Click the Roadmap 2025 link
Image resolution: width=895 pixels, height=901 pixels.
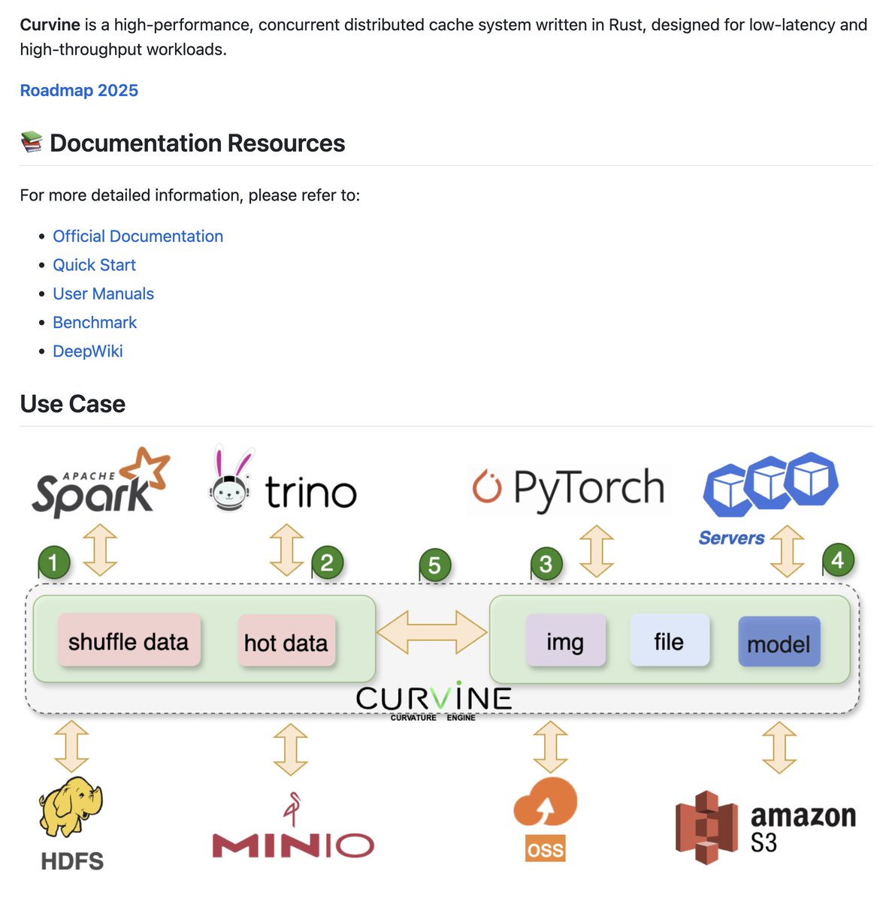click(79, 91)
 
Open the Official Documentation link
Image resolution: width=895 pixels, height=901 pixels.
click(138, 237)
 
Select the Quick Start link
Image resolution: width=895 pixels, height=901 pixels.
click(94, 265)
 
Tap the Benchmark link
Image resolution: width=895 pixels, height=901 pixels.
click(95, 323)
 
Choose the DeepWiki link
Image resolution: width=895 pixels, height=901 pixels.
click(87, 351)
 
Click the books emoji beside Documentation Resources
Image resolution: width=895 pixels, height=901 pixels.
click(31, 143)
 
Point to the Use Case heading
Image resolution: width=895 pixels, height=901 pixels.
click(73, 404)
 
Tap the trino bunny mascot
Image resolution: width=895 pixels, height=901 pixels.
click(230, 480)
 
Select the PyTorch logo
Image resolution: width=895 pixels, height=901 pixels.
click(568, 488)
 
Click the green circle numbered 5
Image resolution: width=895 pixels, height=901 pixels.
click(434, 565)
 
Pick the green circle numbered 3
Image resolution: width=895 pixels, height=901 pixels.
click(546, 564)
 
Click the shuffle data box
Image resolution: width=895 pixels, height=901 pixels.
click(129, 641)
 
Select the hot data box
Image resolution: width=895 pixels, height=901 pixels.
click(286, 642)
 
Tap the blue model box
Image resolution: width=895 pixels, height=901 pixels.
click(779, 643)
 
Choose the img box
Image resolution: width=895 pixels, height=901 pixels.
click(565, 641)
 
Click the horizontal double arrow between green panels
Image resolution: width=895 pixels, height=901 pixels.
click(432, 631)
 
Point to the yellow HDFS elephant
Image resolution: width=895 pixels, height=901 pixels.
click(71, 807)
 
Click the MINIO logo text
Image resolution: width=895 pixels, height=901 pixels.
click(293, 845)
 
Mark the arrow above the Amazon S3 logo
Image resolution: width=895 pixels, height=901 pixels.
click(779, 748)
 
